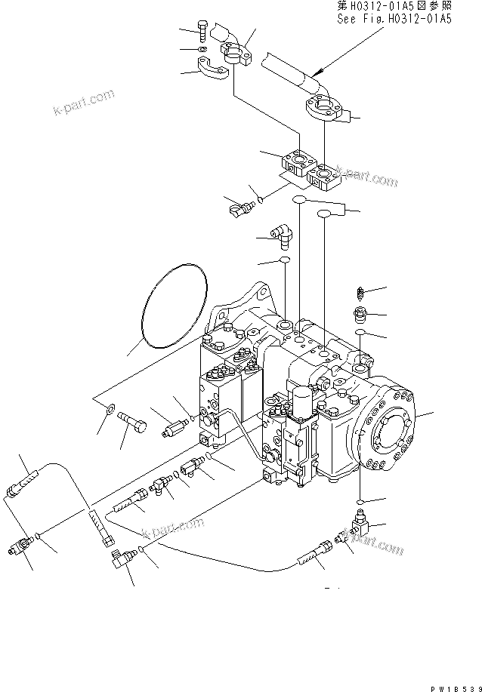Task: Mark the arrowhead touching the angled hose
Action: pyautogui.click(x=322, y=71)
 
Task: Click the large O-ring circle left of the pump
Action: pyautogui.click(x=173, y=304)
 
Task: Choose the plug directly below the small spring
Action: pyautogui.click(x=362, y=313)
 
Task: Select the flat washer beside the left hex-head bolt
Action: pyautogui.click(x=110, y=410)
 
